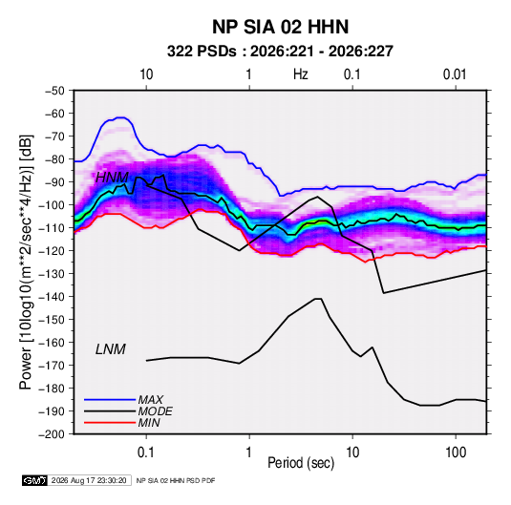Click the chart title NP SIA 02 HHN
point(280,27)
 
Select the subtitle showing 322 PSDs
point(280,52)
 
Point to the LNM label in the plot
point(111,349)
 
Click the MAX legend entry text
point(151,399)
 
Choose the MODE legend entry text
point(155,411)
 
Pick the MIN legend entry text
point(149,423)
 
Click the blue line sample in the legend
point(110,399)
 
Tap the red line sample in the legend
point(110,423)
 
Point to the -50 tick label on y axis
point(54,91)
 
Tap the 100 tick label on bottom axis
point(456,452)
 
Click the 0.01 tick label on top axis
point(455,74)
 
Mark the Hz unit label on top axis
point(301,74)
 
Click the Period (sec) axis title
point(301,463)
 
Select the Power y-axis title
point(26,263)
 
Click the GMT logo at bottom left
point(34,480)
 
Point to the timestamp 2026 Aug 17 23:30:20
point(89,480)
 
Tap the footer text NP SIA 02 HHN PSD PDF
point(176,480)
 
